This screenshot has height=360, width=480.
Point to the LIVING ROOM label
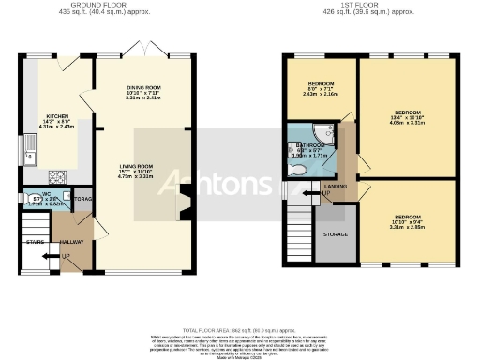pos(136,167)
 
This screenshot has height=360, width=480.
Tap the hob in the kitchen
pos(55,175)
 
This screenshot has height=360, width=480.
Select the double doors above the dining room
pos(144,48)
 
